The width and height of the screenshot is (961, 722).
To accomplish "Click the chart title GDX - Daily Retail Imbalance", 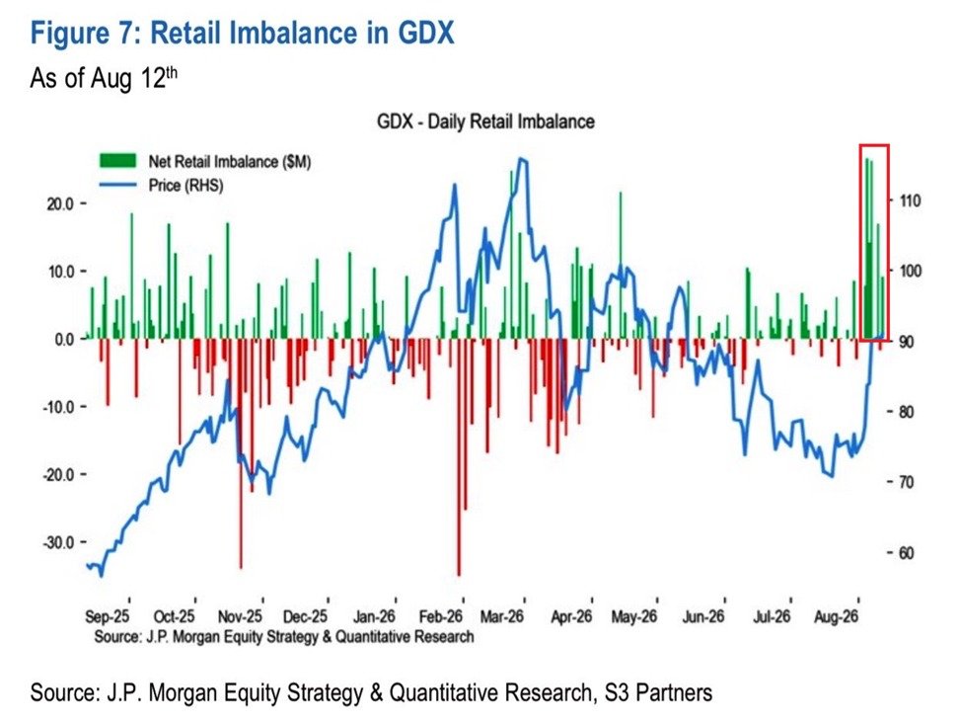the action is pos(485,121).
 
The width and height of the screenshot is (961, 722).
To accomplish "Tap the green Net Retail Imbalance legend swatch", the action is pos(117,161).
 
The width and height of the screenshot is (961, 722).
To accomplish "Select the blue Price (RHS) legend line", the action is pos(117,185).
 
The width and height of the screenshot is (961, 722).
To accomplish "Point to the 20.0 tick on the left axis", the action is pos(60,203).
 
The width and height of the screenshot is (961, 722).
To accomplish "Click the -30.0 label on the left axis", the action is pos(58,542).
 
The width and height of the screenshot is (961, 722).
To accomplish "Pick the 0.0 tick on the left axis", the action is pos(64,339).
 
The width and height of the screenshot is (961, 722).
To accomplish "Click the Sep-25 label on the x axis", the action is pos(108,616).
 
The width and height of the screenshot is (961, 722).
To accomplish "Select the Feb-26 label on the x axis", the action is pos(440,616).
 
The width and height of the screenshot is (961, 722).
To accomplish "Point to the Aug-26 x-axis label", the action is pos(836,616).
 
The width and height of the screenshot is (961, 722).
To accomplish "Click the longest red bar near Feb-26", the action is pos(459,457).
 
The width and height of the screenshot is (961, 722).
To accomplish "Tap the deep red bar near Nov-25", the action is pos(241,453).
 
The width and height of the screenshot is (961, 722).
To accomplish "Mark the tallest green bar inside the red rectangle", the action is pos(866,249).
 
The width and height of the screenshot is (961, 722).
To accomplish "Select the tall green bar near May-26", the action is pos(621,265).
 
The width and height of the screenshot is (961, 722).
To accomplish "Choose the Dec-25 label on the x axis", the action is pos(305,616).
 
